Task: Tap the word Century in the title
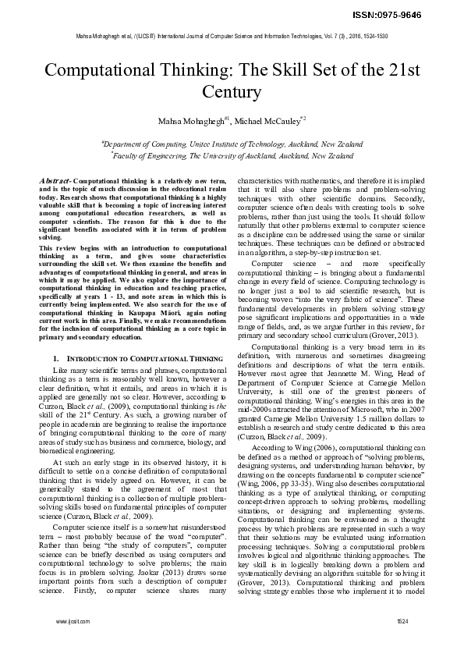click(x=232, y=92)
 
